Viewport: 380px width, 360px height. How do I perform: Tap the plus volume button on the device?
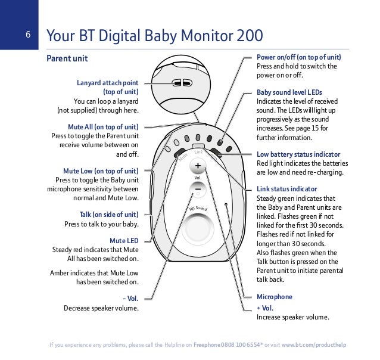click(x=197, y=166)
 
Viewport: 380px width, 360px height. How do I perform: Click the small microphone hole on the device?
click(x=225, y=204)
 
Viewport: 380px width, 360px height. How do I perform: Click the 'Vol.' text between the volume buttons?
click(x=197, y=178)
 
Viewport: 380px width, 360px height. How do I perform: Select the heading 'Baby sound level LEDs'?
click(x=289, y=93)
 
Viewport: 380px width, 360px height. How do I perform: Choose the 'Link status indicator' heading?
click(x=286, y=189)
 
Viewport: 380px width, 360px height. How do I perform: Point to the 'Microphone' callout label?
click(x=274, y=296)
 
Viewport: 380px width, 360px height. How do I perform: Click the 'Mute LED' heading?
click(x=124, y=240)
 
